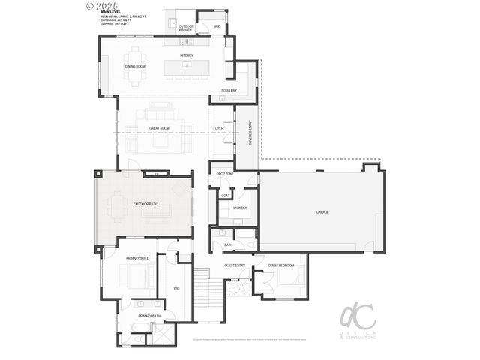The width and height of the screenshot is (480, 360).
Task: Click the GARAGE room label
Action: pyautogui.click(x=322, y=212)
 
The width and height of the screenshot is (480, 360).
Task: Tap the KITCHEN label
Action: pyautogui.click(x=187, y=55)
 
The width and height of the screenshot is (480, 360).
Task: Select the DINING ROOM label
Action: pyautogui.click(x=135, y=67)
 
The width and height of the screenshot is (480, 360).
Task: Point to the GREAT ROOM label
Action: pyautogui.click(x=158, y=128)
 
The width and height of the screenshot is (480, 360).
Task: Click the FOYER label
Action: pyautogui.click(x=218, y=128)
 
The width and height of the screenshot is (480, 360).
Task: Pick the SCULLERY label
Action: pyautogui.click(x=229, y=90)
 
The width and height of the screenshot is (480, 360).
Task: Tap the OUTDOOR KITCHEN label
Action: pyautogui.click(x=185, y=28)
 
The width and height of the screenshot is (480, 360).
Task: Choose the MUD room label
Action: pyautogui.click(x=217, y=26)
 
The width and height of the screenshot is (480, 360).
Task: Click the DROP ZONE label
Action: pyautogui.click(x=225, y=174)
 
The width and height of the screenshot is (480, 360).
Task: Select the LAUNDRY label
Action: pyautogui.click(x=240, y=208)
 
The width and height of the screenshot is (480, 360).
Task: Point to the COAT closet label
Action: pyautogui.click(x=225, y=196)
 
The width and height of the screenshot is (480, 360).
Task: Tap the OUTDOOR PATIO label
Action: pyautogui.click(x=145, y=203)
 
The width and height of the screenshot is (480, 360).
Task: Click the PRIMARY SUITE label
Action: pyautogui.click(x=137, y=257)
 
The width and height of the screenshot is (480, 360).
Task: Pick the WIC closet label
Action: pyautogui.click(x=176, y=288)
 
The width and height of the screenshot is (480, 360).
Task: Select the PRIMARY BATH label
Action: pyautogui.click(x=148, y=316)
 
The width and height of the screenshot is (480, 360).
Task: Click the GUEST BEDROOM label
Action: pyautogui.click(x=281, y=265)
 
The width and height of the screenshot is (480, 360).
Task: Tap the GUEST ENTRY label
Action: pyautogui.click(x=235, y=265)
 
